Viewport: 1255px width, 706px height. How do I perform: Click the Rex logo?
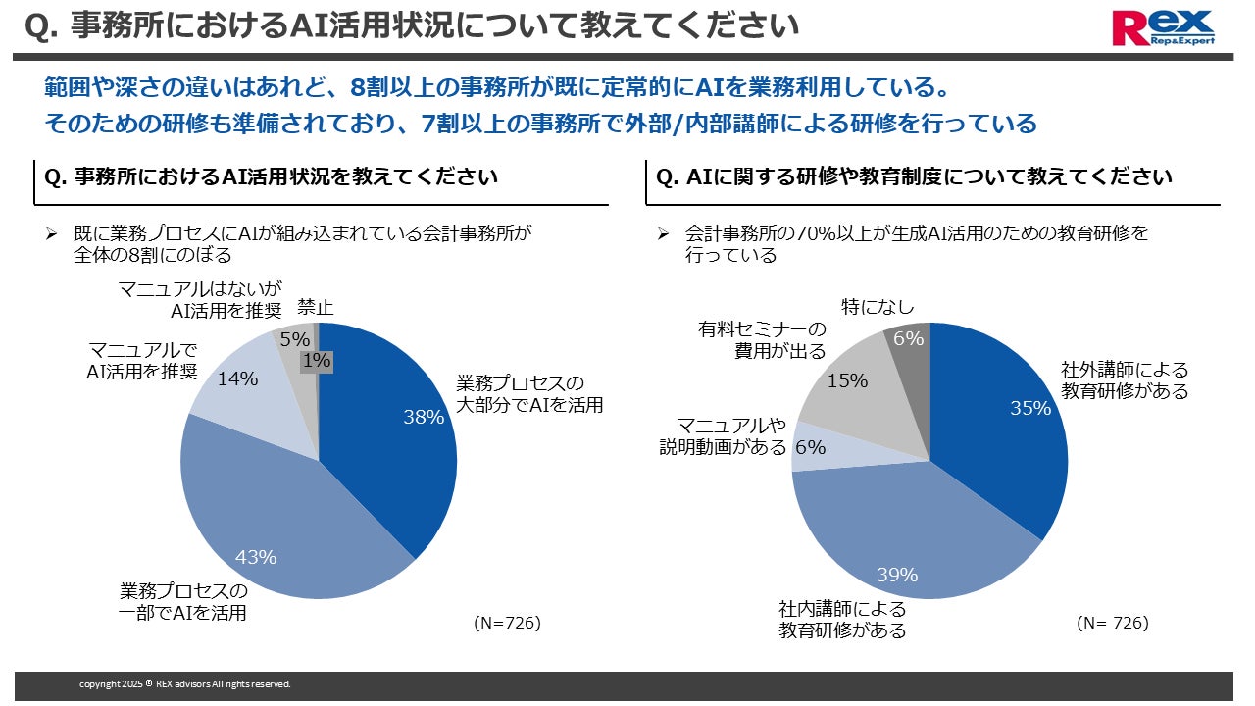[1163, 27]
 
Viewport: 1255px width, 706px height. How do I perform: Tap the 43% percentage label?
[256, 557]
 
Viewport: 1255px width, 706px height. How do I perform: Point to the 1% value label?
[317, 361]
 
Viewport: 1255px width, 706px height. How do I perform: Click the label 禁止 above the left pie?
[316, 308]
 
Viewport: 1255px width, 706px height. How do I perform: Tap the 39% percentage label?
[897, 575]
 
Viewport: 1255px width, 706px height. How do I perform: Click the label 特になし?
[878, 307]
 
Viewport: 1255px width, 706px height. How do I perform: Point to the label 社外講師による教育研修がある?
[1125, 380]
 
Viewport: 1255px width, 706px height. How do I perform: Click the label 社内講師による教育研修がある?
[842, 620]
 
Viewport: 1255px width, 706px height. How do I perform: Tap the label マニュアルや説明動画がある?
[724, 436]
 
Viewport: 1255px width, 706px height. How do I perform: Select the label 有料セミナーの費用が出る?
[762, 340]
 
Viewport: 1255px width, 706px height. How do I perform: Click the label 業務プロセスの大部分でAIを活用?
[529, 394]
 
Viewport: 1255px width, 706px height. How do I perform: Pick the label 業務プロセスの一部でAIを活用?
[183, 602]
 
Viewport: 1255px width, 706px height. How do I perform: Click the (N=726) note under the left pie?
[508, 623]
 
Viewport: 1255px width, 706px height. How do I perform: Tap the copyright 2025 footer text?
[185, 684]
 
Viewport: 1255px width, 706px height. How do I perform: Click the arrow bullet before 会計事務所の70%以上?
[664, 233]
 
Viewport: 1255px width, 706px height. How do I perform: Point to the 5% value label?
[295, 339]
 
